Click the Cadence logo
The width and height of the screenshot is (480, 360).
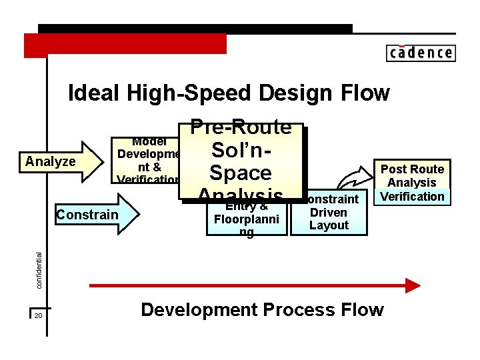point(420,53)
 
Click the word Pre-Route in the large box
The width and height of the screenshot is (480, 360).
point(241,127)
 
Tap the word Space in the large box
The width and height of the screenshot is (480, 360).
point(240,173)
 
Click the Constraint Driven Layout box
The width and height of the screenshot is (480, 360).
point(329,213)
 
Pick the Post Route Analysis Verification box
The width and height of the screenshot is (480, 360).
point(412,182)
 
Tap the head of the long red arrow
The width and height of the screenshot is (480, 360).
point(413,285)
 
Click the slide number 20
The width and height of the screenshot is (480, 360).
point(38,315)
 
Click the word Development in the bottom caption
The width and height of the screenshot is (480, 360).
point(199,310)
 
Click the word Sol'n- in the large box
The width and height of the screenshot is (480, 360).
point(240,151)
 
